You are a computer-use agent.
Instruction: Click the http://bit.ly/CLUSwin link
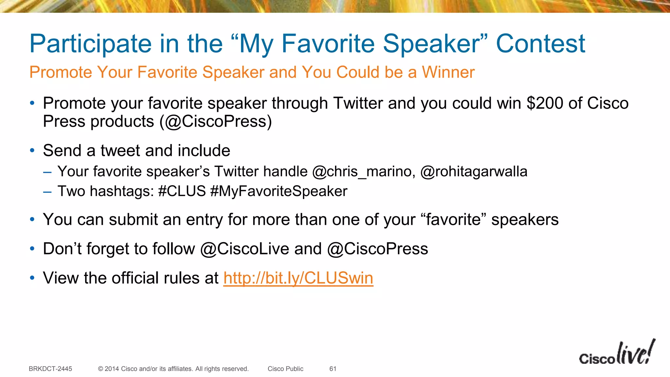(x=298, y=278)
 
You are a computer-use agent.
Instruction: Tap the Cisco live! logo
(x=617, y=353)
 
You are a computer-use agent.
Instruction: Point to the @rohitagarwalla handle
(x=473, y=172)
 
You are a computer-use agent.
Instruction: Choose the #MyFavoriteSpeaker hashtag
(x=279, y=191)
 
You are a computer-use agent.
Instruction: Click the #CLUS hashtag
(x=182, y=191)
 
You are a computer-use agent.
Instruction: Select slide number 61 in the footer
(x=333, y=369)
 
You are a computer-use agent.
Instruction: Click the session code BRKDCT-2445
(x=50, y=369)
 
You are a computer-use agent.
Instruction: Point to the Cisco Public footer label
(x=285, y=369)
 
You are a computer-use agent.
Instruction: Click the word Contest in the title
(x=540, y=44)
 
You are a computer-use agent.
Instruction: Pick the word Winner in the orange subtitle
(x=448, y=72)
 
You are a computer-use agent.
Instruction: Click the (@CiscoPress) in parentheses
(x=216, y=122)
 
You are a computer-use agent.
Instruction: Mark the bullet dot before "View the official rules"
(x=32, y=278)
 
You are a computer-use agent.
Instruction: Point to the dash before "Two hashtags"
(x=47, y=192)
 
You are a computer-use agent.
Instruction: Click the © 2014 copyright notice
(x=173, y=369)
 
